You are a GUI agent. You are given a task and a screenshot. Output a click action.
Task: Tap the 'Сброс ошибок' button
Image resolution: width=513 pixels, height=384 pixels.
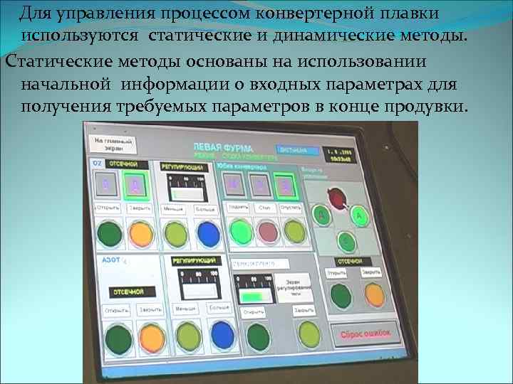[364, 334]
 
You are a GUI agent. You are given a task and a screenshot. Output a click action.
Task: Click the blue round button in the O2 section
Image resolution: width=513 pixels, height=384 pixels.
[208, 233]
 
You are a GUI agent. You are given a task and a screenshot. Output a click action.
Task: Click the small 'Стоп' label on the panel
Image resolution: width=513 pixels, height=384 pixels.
[264, 208]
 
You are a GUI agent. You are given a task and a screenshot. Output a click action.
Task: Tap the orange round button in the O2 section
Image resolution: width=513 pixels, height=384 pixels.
[141, 232]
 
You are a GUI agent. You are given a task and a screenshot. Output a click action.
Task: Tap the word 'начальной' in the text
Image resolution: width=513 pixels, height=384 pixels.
[66, 82]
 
